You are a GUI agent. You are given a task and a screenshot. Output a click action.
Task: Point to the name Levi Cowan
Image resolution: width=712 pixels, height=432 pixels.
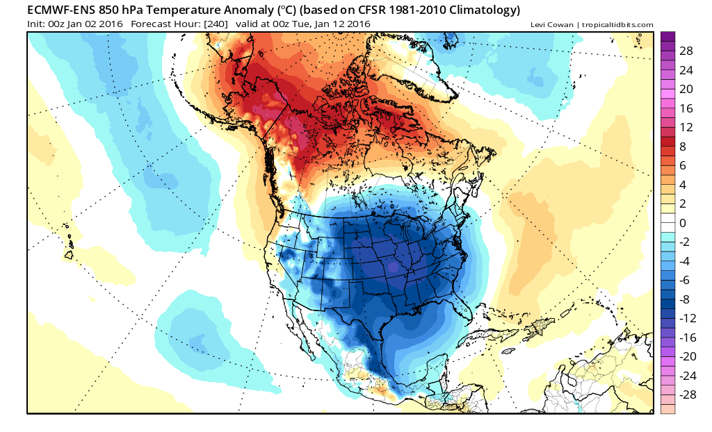(x=552, y=25)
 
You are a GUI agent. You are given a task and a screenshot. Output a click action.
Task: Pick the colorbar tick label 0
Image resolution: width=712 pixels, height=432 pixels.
(x=683, y=223)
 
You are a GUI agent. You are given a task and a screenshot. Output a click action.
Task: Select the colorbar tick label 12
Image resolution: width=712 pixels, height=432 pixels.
(x=687, y=128)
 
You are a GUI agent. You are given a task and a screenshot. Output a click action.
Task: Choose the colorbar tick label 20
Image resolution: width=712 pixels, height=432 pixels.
(x=687, y=90)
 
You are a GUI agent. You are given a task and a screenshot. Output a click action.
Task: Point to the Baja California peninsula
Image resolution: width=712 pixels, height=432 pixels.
(x=309, y=326)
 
